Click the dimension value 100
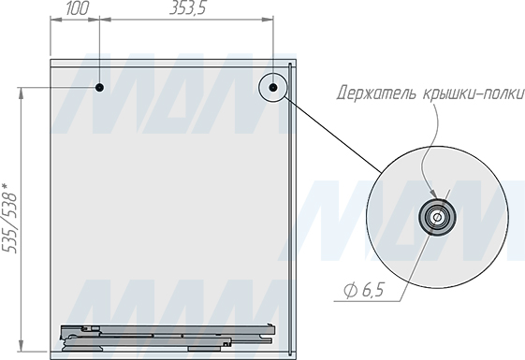pyautogui.click(x=78, y=8)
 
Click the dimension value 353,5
pyautogui.click(x=188, y=8)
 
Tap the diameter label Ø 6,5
pyautogui.click(x=364, y=290)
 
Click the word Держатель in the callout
pyautogui.click(x=377, y=94)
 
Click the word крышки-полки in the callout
pyautogui.click(x=474, y=94)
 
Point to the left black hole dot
pyautogui.click(x=99, y=88)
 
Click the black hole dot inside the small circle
pyautogui.click(x=273, y=88)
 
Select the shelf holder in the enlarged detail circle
pyautogui.click(x=437, y=217)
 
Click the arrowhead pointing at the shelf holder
pyautogui.click(x=433, y=194)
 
